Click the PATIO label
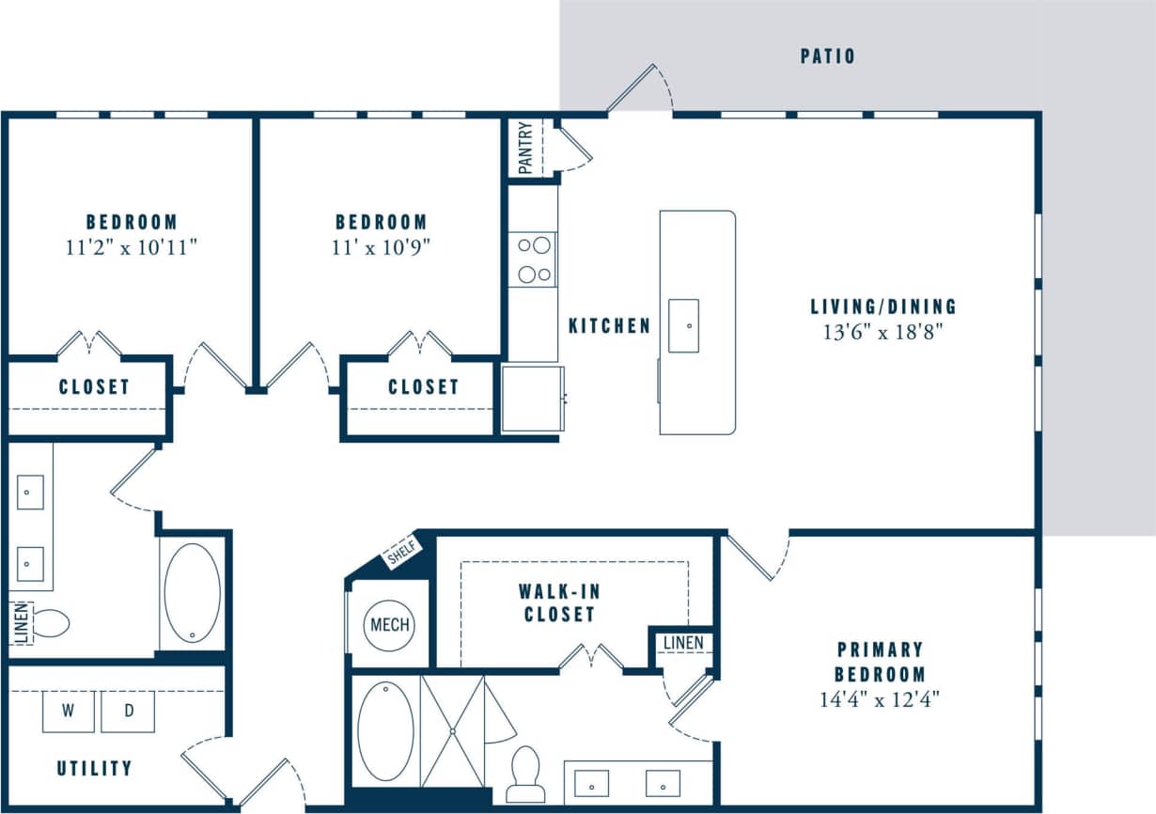click(828, 56)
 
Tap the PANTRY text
click(526, 148)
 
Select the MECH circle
click(389, 625)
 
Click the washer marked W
click(69, 712)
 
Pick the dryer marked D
click(128, 712)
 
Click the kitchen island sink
click(683, 325)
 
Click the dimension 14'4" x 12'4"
click(880, 699)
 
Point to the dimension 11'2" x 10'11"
click(131, 247)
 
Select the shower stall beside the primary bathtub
click(452, 729)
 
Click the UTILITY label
click(94, 768)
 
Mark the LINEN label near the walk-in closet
click(682, 643)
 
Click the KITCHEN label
click(609, 326)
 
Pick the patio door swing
click(643, 89)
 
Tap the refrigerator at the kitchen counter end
click(533, 399)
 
